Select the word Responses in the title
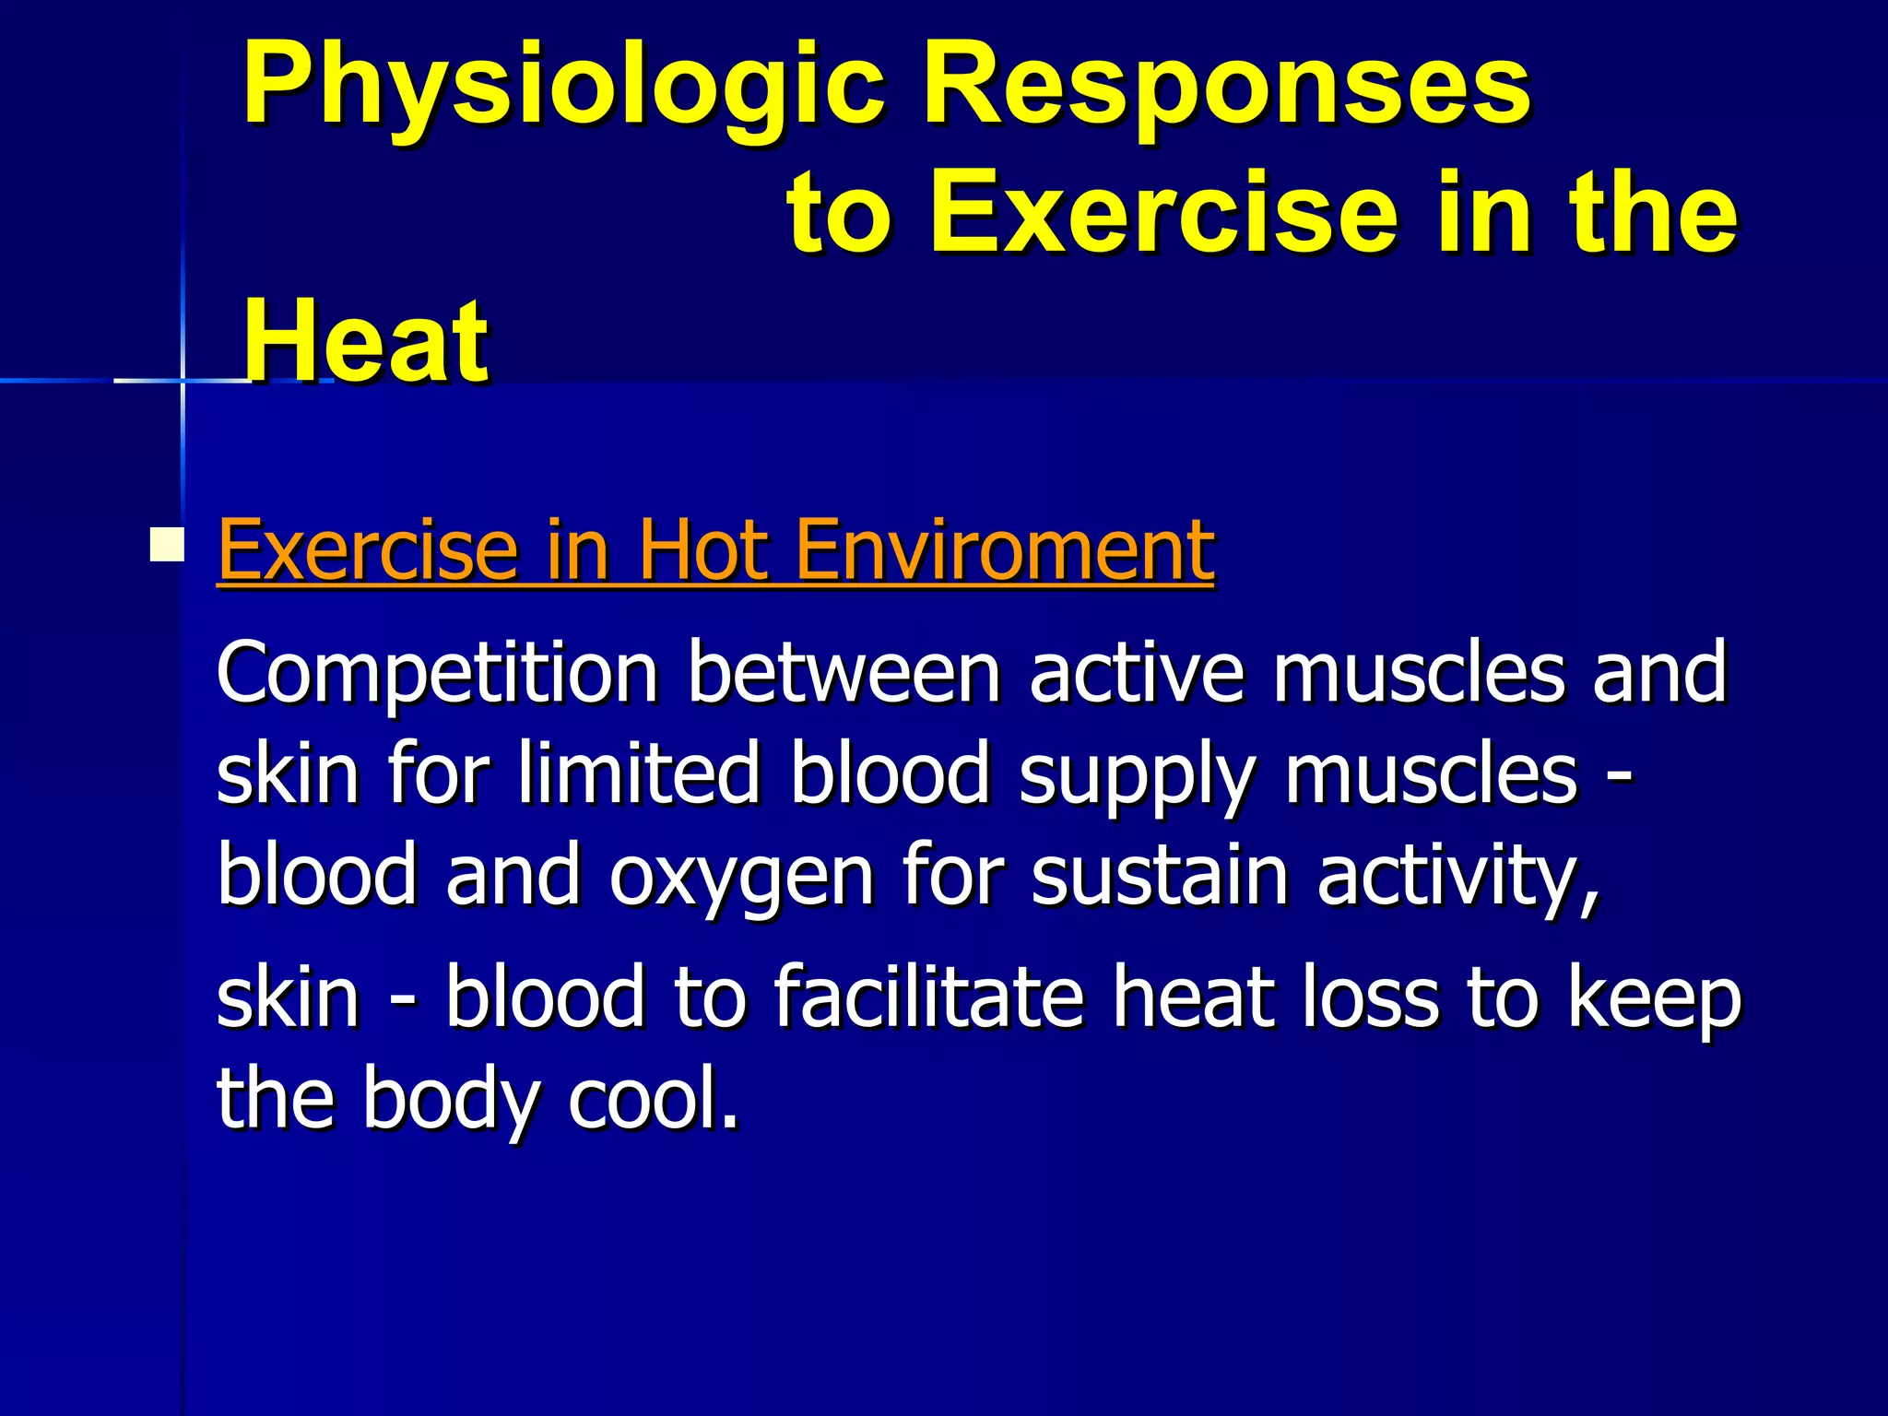coord(1227,88)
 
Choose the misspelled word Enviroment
coord(1004,550)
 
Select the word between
coord(844,673)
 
